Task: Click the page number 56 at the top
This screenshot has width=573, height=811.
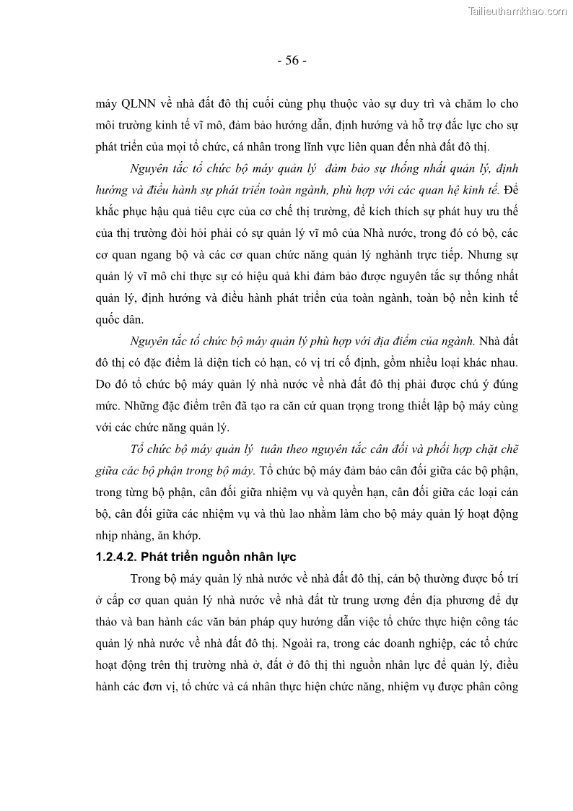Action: click(x=292, y=61)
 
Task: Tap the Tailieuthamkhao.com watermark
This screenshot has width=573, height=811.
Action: click(x=517, y=12)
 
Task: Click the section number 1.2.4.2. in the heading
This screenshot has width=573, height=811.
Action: click(x=115, y=557)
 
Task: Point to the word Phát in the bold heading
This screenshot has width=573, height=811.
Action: click(x=154, y=557)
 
